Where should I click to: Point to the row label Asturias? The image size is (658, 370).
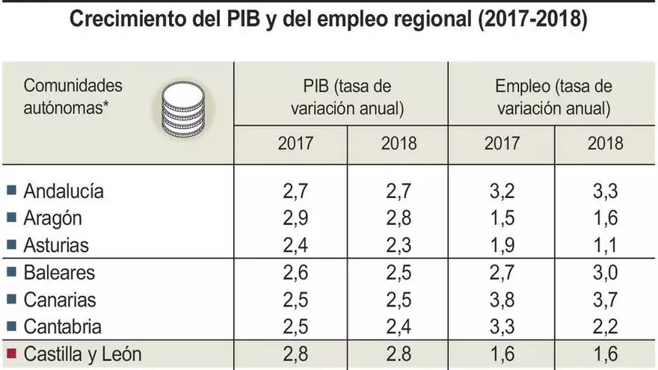[x=56, y=245]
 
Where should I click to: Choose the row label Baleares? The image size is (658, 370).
[x=60, y=273]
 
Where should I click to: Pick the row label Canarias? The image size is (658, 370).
[x=60, y=300]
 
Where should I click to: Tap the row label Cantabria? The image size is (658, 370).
[x=63, y=327]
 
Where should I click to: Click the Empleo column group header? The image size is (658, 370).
[x=553, y=97]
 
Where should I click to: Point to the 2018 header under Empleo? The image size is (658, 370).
[x=606, y=144]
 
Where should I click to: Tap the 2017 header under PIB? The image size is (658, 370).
[x=296, y=144]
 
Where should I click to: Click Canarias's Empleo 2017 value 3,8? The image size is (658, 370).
[x=502, y=300]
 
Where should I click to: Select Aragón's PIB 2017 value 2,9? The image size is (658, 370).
[x=297, y=218]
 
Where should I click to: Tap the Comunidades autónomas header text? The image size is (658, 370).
[x=73, y=96]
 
